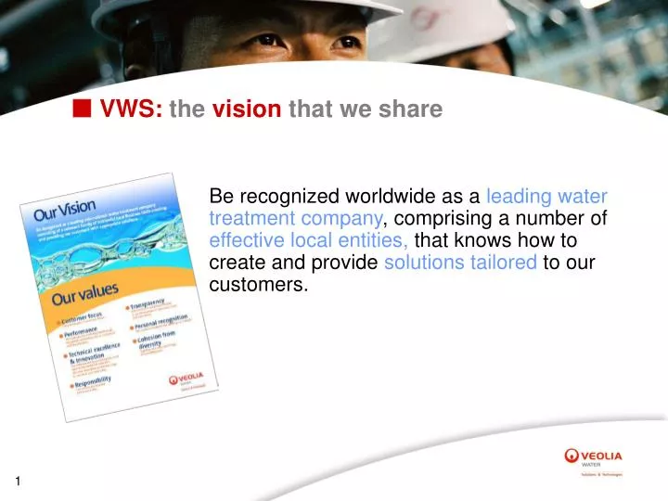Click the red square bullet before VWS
point(83,109)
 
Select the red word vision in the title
point(247,109)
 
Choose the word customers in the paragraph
point(258,285)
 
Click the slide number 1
point(18,481)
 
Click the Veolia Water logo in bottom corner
point(594,459)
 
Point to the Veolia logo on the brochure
point(193,380)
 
